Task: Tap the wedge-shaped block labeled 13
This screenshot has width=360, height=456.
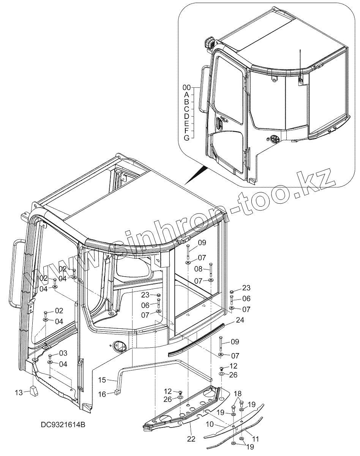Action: pos(33,390)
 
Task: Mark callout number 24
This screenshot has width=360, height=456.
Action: pos(240,320)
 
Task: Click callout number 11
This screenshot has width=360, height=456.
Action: pos(256,439)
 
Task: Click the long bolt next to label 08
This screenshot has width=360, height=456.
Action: pos(211,270)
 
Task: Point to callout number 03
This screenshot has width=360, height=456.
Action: pos(63,353)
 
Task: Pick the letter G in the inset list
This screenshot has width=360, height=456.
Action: pos(186,138)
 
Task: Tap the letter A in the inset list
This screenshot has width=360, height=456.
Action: pos(186,95)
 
